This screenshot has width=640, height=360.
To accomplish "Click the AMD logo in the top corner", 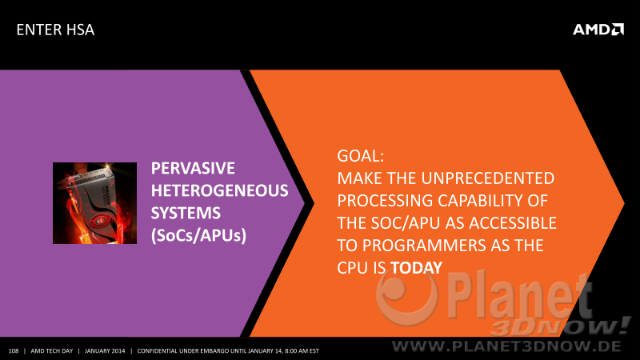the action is (x=598, y=30).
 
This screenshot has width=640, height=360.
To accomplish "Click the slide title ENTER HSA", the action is (x=55, y=30).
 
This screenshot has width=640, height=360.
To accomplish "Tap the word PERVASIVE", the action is (x=193, y=168).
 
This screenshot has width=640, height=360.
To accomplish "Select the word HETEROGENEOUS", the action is (x=219, y=190).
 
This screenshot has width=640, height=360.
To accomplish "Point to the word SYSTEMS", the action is (x=186, y=213).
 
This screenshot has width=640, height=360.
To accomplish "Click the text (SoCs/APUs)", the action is (x=198, y=235).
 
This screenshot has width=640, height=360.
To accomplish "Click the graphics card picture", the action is (x=94, y=203).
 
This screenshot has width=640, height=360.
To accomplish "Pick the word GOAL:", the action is (x=361, y=156).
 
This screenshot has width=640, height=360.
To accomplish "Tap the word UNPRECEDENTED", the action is (x=488, y=178).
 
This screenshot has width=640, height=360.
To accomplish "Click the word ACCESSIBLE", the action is (x=513, y=223).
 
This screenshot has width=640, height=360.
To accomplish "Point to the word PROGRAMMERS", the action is (x=424, y=246).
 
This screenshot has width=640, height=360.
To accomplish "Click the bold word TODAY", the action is (x=416, y=268).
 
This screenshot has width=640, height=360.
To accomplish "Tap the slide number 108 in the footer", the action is (x=14, y=351).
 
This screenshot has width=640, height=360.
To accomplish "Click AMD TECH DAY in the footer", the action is (x=52, y=351).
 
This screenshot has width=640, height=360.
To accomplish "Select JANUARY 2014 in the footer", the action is (x=105, y=351).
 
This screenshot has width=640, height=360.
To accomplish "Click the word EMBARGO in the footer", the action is (x=214, y=351).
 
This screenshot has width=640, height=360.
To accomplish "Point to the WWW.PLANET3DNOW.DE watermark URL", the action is (x=506, y=346).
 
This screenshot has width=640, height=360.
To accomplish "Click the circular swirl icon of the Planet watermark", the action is (x=407, y=296).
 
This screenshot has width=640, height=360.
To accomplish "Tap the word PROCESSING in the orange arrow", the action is (x=385, y=201).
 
